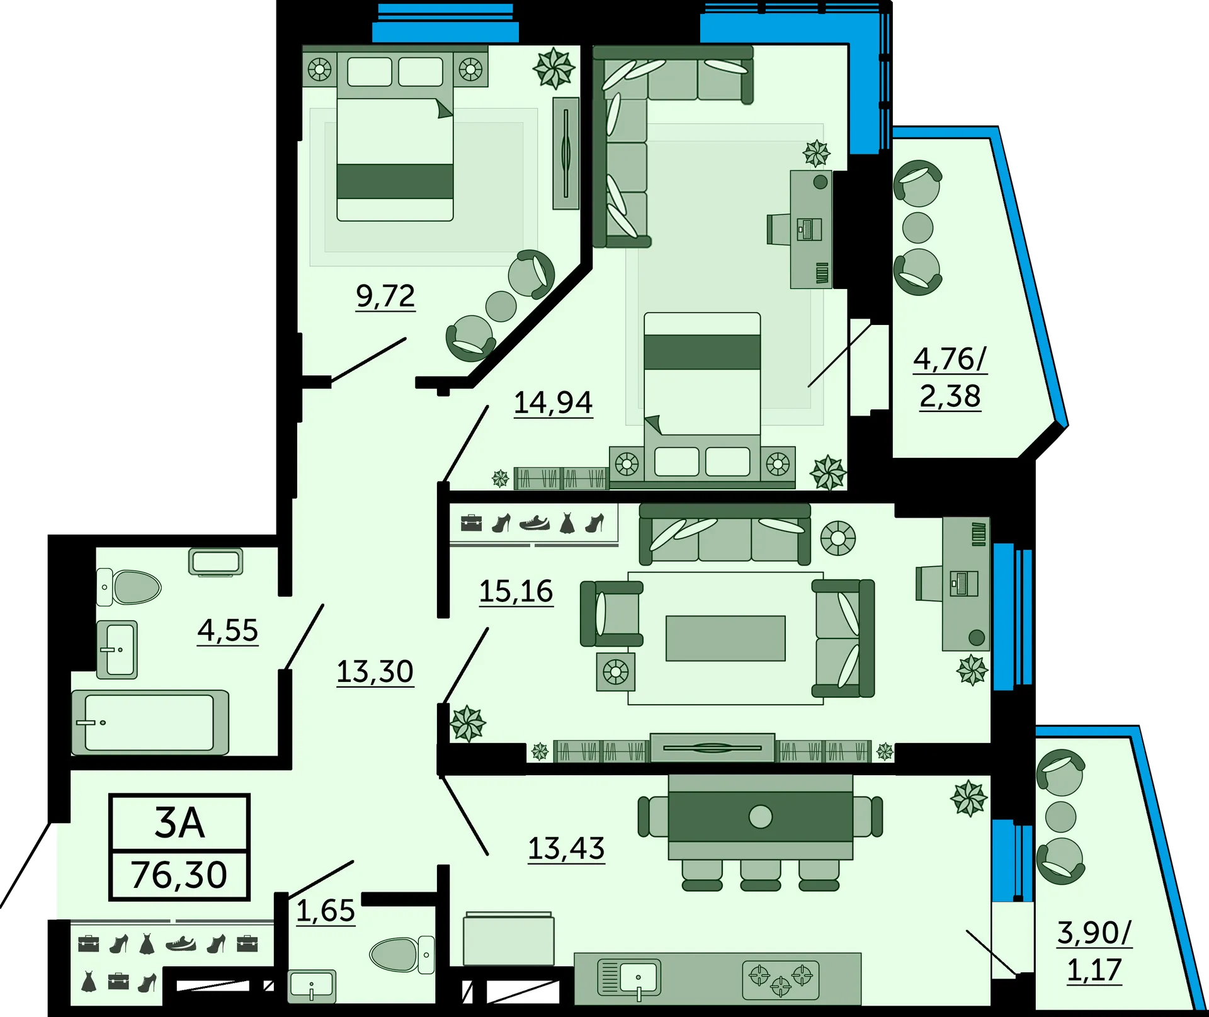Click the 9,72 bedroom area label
[385, 295]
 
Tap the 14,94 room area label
[553, 402]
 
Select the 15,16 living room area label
[516, 591]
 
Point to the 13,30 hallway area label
[375, 671]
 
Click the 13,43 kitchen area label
[566, 848]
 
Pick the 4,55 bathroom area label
[228, 630]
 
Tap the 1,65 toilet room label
[326, 911]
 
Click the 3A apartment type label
[179, 822]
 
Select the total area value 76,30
[179, 875]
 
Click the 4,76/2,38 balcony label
[950, 377]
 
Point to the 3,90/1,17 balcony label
[1094, 951]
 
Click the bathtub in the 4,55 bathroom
[150, 722]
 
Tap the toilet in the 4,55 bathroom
[128, 587]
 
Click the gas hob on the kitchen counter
[781, 980]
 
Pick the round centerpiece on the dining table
[761, 817]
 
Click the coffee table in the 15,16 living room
[725, 638]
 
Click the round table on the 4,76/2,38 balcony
[917, 227]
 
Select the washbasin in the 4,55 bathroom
[117, 649]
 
